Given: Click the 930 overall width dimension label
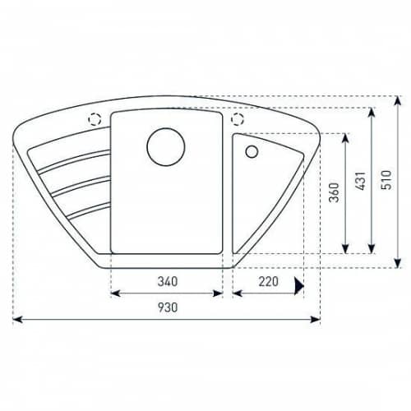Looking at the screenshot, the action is (x=168, y=307).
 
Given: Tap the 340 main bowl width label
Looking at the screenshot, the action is (x=168, y=281).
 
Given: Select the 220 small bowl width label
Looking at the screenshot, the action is (x=269, y=281).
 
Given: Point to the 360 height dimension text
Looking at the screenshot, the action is (x=334, y=192).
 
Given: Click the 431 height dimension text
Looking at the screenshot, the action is (x=360, y=181).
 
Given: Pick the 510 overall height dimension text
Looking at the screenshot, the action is (x=386, y=180).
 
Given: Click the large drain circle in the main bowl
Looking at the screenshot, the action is (x=166, y=147).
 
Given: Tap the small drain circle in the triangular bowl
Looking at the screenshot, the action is (x=252, y=151).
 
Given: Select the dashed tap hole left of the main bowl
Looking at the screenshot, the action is (x=95, y=119).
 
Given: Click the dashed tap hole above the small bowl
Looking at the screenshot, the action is (x=238, y=118).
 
